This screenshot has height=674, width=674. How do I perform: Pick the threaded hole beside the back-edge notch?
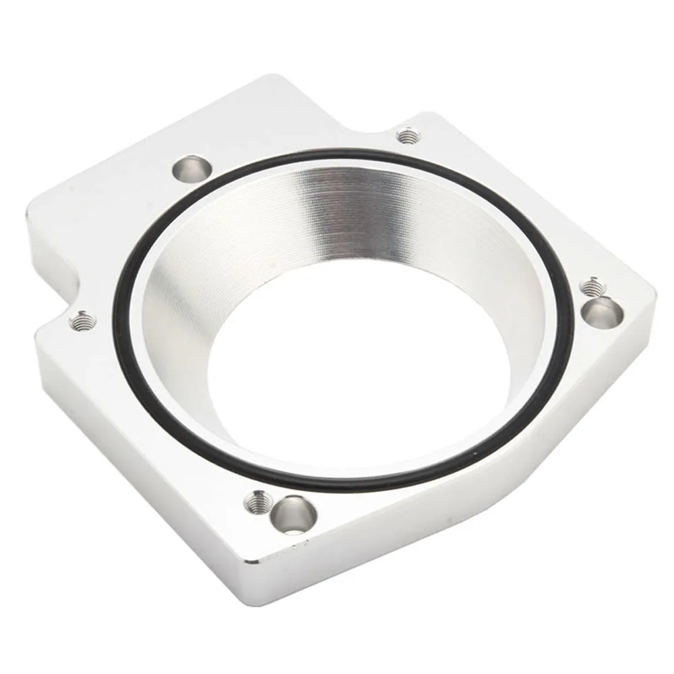pos(404,137)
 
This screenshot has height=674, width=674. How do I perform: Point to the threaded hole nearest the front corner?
pos(256,501)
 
